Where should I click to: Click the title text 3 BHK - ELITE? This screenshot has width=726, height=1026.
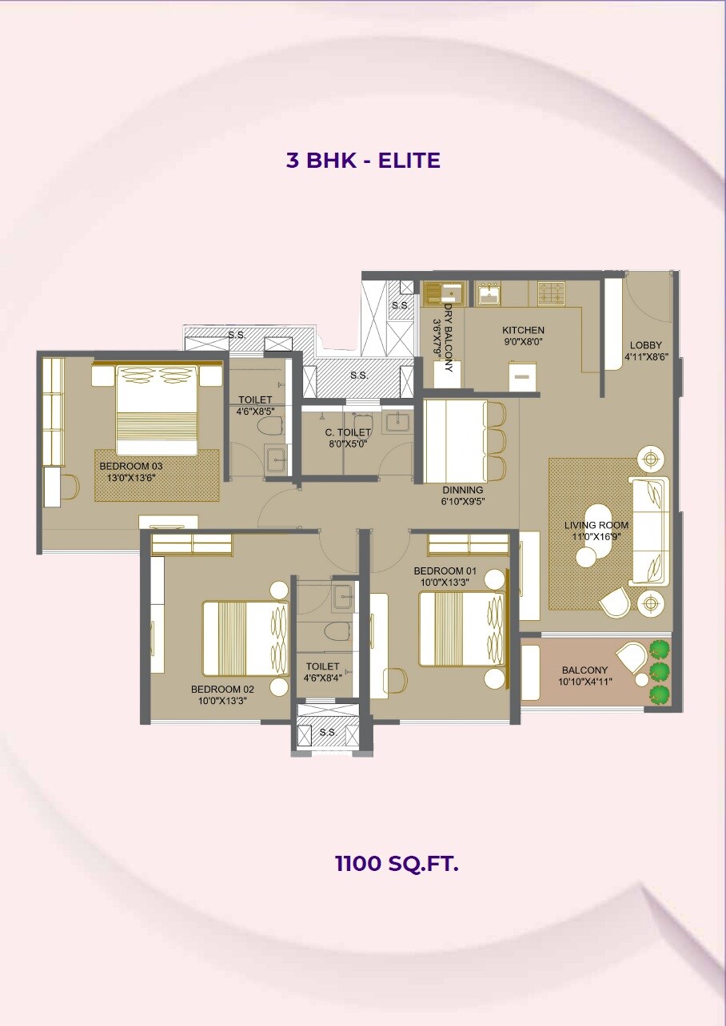click(x=363, y=160)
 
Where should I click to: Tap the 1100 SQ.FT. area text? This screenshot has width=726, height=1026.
click(x=397, y=863)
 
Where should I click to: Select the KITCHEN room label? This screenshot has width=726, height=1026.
click(x=523, y=330)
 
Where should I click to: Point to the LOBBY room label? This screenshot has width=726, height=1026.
click(x=645, y=345)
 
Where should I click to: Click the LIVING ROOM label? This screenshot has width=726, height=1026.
click(x=596, y=525)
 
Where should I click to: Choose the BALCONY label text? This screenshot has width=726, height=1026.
click(x=584, y=670)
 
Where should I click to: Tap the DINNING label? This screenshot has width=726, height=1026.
click(x=463, y=490)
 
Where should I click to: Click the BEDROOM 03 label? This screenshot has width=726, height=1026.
click(x=130, y=465)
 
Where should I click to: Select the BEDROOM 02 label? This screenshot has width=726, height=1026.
click(x=222, y=689)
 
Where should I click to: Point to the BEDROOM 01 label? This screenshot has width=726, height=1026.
click(x=445, y=571)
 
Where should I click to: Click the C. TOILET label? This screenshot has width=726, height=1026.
click(x=348, y=432)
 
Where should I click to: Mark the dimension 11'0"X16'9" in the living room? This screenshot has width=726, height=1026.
click(x=596, y=537)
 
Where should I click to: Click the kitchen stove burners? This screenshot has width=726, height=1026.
click(x=552, y=293)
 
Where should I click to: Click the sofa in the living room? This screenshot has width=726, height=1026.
click(x=649, y=531)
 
